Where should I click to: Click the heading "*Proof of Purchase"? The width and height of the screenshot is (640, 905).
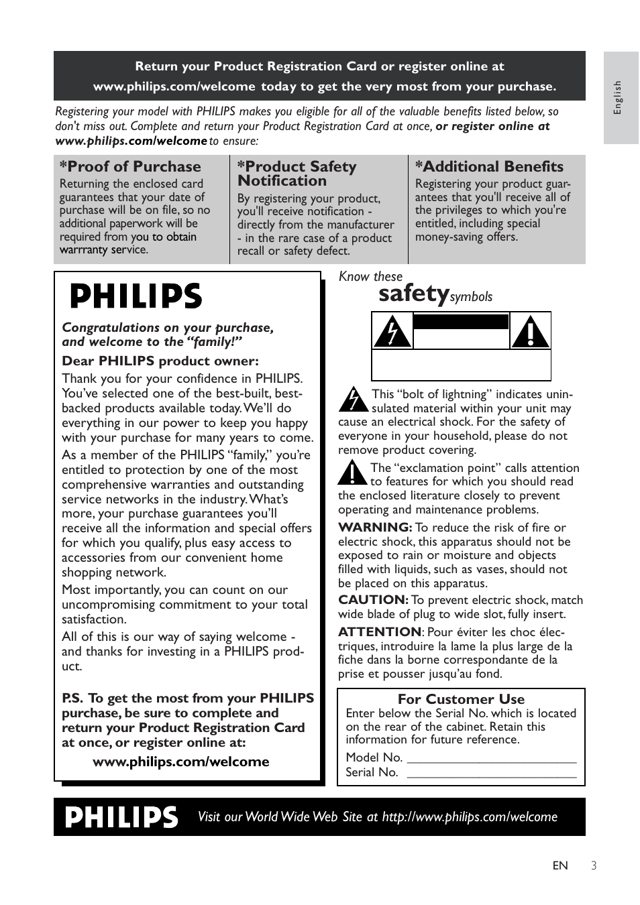click(x=130, y=166)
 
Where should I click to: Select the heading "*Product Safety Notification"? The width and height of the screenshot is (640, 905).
click(x=297, y=174)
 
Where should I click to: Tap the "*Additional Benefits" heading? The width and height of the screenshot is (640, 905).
click(x=489, y=166)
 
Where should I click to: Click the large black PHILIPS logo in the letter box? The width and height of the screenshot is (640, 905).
click(x=136, y=296)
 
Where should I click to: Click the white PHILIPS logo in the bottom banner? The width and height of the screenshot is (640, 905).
click(x=122, y=817)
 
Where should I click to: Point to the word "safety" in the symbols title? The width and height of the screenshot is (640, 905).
click(x=413, y=293)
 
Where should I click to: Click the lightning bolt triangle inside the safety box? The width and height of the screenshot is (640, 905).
click(x=392, y=330)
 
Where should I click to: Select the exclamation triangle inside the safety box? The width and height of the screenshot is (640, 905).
click(x=530, y=330)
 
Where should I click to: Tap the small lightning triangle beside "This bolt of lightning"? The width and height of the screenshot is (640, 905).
click(x=352, y=399)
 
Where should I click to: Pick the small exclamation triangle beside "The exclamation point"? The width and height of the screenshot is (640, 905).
click(x=352, y=473)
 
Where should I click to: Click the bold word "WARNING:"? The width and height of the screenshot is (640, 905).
click(x=374, y=528)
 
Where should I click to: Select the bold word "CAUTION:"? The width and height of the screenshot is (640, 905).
click(x=373, y=600)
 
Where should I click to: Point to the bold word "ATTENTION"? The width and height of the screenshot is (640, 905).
click(x=380, y=631)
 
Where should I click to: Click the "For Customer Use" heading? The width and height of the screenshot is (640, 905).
click(x=461, y=699)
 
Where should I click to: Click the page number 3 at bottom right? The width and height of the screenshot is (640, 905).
click(x=594, y=865)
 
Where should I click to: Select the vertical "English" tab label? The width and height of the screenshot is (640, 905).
click(x=619, y=98)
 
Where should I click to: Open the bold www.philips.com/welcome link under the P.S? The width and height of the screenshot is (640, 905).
click(x=180, y=762)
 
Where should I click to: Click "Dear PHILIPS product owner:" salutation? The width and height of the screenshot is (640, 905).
click(x=160, y=361)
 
